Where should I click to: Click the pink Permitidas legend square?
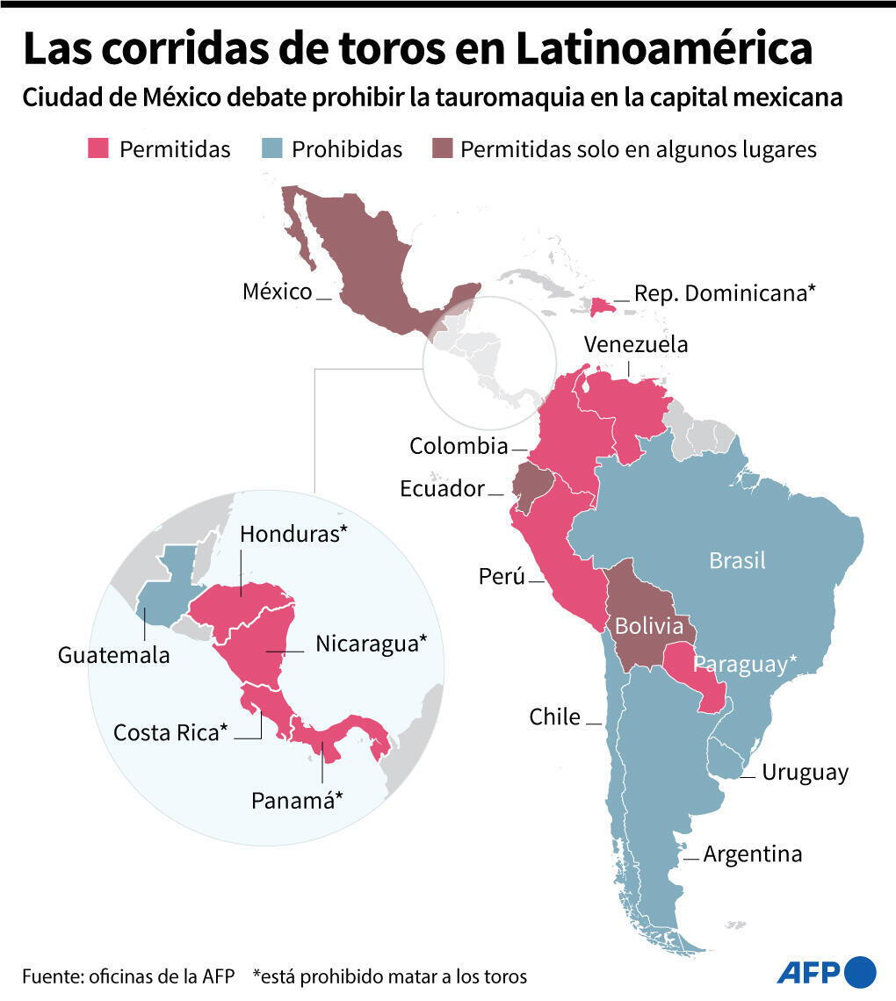pos(98,148)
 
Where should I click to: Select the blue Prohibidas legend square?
pos(271,148)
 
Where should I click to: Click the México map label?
pos(277,292)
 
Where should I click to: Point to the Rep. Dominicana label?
pos(725,293)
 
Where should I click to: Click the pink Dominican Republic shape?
pos(602,306)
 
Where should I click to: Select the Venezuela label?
pos(636,344)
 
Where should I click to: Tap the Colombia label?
pos(459,446)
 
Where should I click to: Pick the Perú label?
pos(502,577)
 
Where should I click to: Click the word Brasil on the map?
pos(737,560)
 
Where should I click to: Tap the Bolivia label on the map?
pos(648,626)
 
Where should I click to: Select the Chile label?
pos(554,717)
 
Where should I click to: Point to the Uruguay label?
pos(805,773)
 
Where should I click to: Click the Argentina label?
pos(752,853)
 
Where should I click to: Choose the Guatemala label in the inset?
pos(114,655)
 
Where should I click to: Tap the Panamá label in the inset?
pos(297,801)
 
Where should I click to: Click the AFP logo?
pos(826,971)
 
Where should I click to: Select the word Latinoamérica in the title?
pos(663,50)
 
